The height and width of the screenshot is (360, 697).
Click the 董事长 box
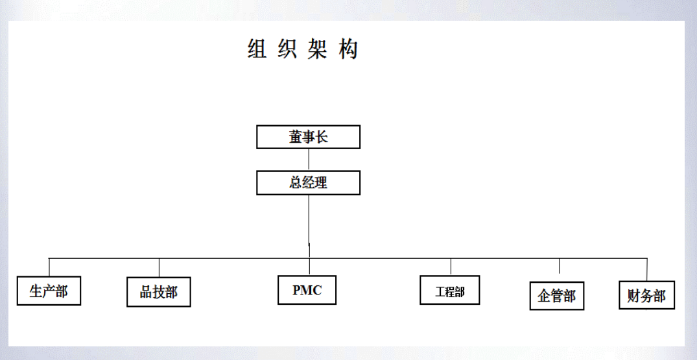click(x=308, y=137)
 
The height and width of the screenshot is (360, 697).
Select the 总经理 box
click(x=308, y=183)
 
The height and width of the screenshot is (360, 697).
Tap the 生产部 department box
click(x=49, y=291)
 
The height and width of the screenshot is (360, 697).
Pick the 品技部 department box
click(x=159, y=292)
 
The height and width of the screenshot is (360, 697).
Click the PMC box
click(x=307, y=290)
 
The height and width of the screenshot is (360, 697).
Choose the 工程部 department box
click(x=450, y=291)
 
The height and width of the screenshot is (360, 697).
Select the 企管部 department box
click(x=557, y=296)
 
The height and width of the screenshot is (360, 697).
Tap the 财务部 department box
click(x=646, y=295)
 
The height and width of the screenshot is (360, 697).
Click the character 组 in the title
click(x=257, y=49)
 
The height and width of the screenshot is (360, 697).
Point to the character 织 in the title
click(x=287, y=49)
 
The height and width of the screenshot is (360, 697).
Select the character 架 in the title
click(x=318, y=49)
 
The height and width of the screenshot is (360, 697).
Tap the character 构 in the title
click(x=348, y=49)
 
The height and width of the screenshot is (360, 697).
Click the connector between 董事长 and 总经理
click(x=309, y=160)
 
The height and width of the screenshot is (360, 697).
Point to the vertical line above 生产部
click(x=49, y=267)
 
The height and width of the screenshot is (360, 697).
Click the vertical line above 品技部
click(x=159, y=267)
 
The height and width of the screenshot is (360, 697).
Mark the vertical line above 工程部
click(x=451, y=267)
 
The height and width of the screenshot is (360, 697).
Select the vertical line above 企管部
click(x=559, y=267)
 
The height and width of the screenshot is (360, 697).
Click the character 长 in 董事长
click(x=322, y=137)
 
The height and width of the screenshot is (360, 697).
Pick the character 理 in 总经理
click(x=320, y=183)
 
